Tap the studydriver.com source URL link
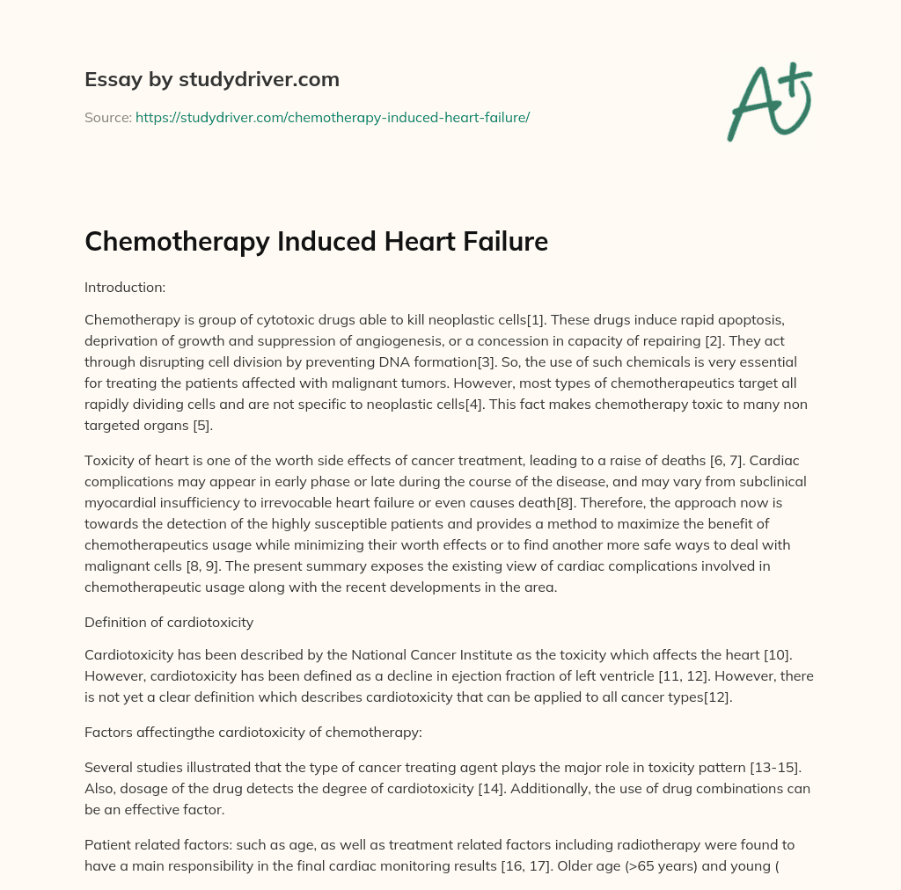(x=333, y=116)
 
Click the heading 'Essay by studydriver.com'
(x=212, y=79)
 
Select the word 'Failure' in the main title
(x=501, y=241)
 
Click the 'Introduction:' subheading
(x=123, y=286)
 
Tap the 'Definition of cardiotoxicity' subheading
(x=169, y=622)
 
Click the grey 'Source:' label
(x=107, y=116)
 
